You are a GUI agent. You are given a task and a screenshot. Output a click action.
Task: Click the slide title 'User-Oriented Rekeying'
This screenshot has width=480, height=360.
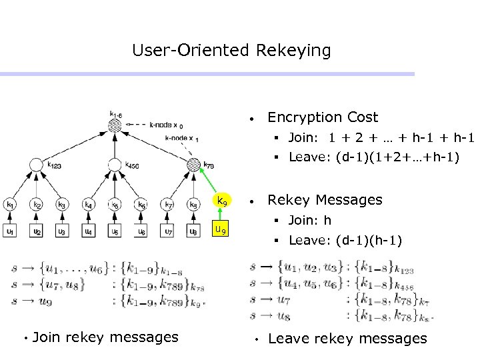tap(231, 50)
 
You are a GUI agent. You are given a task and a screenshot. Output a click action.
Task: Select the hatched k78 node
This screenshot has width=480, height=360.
tap(193, 165)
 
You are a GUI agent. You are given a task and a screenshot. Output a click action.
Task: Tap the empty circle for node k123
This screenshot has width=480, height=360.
tap(36, 165)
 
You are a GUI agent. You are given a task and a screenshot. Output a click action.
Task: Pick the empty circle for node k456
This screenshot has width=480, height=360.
tap(115, 165)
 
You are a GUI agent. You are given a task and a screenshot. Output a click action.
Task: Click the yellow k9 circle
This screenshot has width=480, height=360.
tap(223, 201)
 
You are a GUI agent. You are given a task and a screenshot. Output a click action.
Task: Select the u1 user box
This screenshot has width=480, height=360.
tap(10, 231)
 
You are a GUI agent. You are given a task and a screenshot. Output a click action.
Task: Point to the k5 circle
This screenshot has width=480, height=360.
tap(115, 204)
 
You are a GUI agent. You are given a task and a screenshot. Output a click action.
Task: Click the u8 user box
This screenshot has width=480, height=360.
tap(193, 231)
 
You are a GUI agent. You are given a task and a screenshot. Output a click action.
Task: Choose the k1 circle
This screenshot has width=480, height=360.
tap(10, 204)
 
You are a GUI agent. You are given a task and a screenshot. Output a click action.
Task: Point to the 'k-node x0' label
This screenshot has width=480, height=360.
tap(167, 124)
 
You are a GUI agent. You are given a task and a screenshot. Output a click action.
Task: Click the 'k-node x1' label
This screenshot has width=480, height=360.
tap(181, 137)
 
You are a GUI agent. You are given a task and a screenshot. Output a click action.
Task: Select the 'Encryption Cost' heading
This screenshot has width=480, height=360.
tap(322, 117)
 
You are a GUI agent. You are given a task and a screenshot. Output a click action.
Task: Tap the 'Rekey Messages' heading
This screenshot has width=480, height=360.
tap(324, 200)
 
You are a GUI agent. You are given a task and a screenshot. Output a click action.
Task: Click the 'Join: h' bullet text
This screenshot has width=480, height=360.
tap(309, 220)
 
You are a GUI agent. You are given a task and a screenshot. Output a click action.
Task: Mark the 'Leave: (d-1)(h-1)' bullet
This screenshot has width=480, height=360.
tap(345, 241)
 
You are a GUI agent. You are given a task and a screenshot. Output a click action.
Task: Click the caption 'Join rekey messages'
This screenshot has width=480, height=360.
tap(105, 337)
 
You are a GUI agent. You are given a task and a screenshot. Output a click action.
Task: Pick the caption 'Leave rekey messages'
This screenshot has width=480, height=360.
tap(347, 339)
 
